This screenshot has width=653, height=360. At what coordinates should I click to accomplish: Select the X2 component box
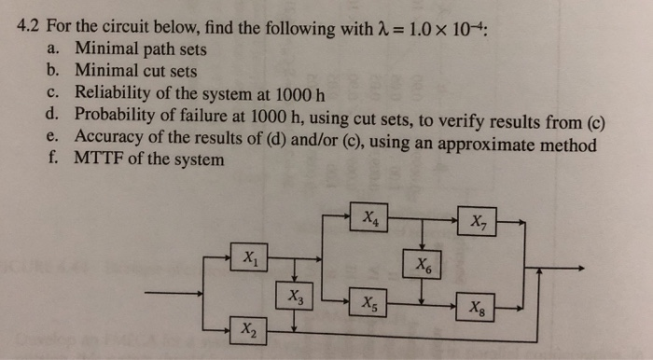[x=247, y=329]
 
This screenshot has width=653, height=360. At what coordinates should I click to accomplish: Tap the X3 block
[x=295, y=298]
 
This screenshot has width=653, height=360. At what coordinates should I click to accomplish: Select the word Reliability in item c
[x=118, y=91]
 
